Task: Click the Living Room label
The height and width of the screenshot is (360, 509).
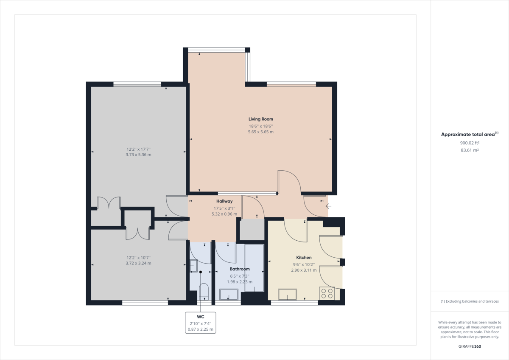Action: pyautogui.click(x=260, y=119)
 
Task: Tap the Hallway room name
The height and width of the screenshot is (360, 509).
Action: pyautogui.click(x=224, y=201)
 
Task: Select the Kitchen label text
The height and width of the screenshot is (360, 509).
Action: pyautogui.click(x=304, y=258)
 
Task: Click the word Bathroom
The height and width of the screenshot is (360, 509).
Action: pyautogui.click(x=240, y=269)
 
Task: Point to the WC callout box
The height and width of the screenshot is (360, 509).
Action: pyautogui.click(x=200, y=323)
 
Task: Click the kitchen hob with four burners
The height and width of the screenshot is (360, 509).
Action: pyautogui.click(x=327, y=293)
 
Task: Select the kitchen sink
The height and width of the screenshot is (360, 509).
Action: pyautogui.click(x=287, y=294)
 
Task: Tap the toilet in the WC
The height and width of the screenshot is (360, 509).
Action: pyautogui.click(x=204, y=292)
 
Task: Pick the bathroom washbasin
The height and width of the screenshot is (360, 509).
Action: pyautogui.click(x=229, y=294)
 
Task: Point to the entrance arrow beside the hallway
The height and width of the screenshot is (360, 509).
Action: pyautogui.click(x=328, y=206)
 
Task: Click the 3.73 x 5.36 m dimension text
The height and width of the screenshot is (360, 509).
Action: pyautogui.click(x=138, y=155)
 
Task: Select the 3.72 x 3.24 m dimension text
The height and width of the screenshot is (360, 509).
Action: pyautogui.click(x=138, y=263)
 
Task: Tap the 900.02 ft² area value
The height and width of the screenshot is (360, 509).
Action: pyautogui.click(x=470, y=143)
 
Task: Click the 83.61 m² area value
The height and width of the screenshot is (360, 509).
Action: pyautogui.click(x=470, y=150)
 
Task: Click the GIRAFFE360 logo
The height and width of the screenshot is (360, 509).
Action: pyautogui.click(x=470, y=346)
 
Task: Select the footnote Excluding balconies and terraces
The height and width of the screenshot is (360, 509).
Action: pyautogui.click(x=470, y=301)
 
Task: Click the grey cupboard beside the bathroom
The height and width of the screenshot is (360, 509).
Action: pyautogui.click(x=252, y=230)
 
